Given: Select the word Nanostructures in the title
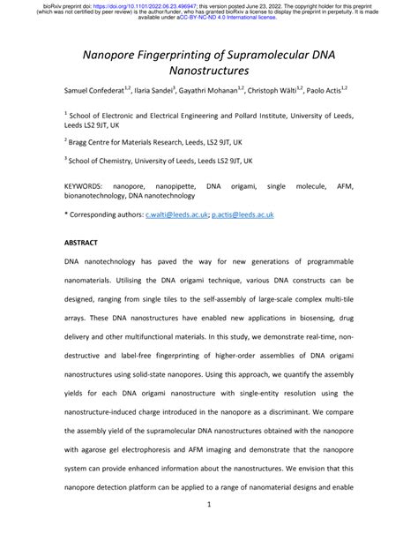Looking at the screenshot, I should tap(209, 71).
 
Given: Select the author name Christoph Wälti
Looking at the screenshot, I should tap(287, 91).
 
